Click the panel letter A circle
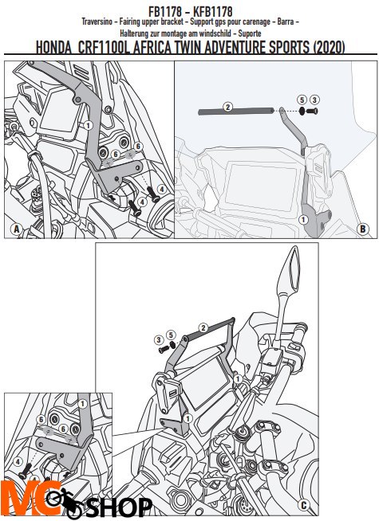coord(16,229)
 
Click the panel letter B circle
coord(363,229)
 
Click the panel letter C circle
coord(303,505)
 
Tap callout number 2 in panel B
coord(228,107)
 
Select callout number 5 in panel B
coord(302,100)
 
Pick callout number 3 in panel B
coord(314,100)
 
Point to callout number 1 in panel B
coord(302,219)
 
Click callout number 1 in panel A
coord(88,125)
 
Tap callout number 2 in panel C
coord(203,328)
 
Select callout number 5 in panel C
coord(171,335)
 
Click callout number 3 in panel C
coord(159,339)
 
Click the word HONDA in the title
coord(53,47)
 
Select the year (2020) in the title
coord(329,47)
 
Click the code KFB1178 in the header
coord(212,12)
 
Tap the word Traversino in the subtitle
coord(97,22)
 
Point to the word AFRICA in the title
coord(152,47)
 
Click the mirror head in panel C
coord(293,268)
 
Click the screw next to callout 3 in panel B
coord(312,112)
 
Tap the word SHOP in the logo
coord(120,507)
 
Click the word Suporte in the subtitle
coord(250,33)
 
